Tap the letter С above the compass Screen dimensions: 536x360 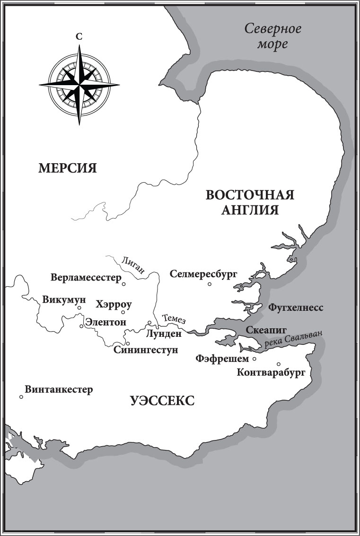coord(79,36)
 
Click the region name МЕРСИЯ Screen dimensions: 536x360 coord(68,167)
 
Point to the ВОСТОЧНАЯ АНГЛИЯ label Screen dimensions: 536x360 coord(250,202)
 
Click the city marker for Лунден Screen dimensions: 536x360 coord(149,323)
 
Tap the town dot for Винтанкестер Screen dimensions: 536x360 coord(21,397)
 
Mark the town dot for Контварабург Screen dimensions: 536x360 coord(279,364)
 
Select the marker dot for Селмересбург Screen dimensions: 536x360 coord(210,284)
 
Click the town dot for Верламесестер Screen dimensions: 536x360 coord(123,284)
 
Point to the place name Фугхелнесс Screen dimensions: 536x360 coord(296,308)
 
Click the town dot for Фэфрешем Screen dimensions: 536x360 coord(255,359)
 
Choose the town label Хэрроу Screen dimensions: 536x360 coord(114,304)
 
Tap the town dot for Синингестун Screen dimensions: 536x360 coord(128,343)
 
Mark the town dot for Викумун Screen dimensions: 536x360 coord(79,308)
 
